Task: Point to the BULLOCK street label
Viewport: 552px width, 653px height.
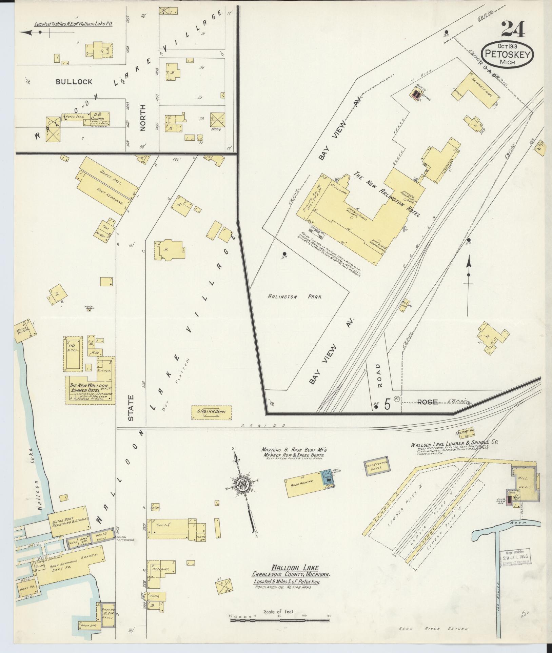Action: click(x=74, y=82)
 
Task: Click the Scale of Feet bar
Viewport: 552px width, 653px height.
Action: click(x=280, y=620)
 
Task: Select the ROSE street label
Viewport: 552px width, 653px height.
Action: click(x=427, y=402)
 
